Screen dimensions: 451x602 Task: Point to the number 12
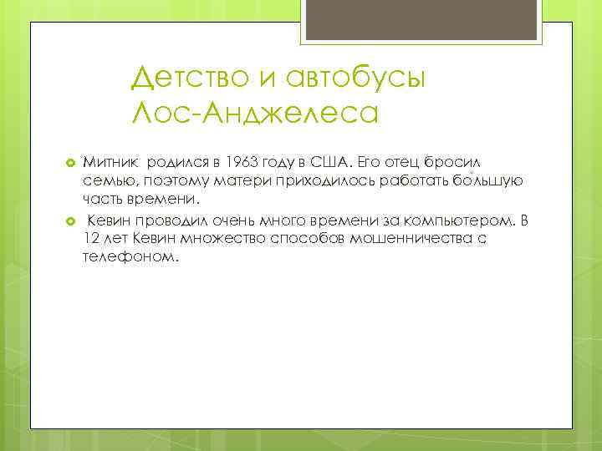click(91, 239)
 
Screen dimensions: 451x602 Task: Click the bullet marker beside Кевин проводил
click(70, 220)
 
